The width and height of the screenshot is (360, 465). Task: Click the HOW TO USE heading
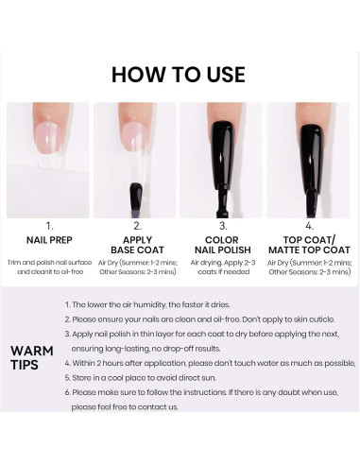click(x=179, y=74)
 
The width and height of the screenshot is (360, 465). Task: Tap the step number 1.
click(x=47, y=226)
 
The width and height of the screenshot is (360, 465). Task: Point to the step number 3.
click(x=223, y=226)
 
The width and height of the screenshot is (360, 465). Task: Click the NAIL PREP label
click(x=47, y=241)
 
